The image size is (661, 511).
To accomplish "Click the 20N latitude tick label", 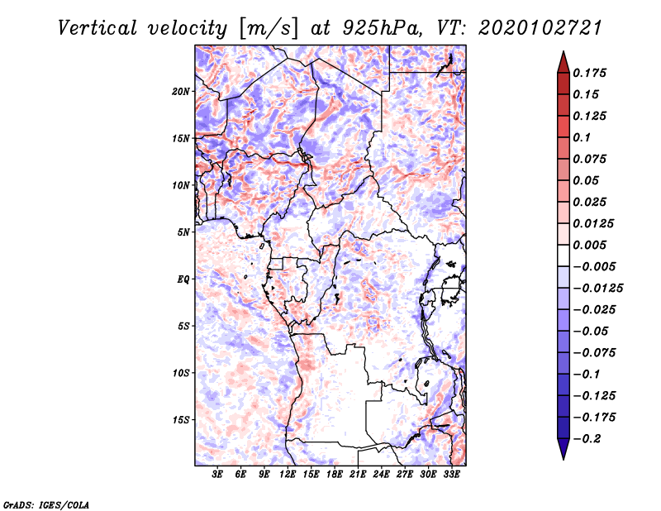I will click(181, 91).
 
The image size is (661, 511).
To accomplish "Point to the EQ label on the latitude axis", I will click(183, 279).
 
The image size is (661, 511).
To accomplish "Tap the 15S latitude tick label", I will click(181, 419).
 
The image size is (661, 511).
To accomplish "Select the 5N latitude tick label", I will click(183, 232).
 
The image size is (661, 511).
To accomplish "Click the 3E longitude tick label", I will click(217, 475).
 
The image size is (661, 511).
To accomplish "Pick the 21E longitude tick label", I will click(358, 475).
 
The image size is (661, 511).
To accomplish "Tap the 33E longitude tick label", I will click(451, 475).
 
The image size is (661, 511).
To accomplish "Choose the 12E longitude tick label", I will click(288, 475).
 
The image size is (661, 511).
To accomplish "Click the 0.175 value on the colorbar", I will click(592, 73).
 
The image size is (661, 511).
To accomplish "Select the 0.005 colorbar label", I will click(592, 245).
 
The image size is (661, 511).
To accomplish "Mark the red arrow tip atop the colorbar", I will click(563, 57).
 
